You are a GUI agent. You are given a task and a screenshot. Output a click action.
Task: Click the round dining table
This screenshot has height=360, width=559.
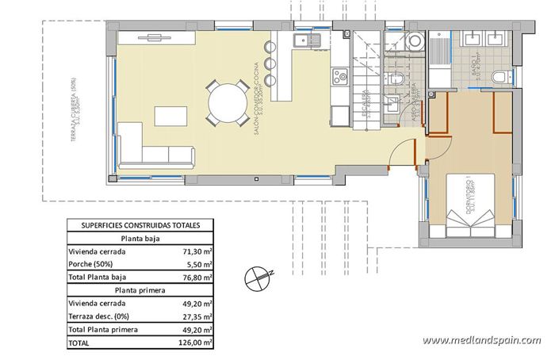point(227,103)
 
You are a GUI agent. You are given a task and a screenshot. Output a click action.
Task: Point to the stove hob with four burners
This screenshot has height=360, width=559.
point(340,77)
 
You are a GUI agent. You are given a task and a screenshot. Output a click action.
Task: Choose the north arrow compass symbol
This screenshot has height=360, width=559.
point(258,275)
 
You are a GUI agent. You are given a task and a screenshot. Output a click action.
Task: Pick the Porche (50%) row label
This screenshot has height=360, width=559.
point(91,264)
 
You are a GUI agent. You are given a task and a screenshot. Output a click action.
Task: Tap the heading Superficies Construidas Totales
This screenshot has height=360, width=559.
point(140,225)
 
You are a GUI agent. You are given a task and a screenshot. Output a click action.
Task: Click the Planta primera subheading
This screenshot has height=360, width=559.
point(140,290)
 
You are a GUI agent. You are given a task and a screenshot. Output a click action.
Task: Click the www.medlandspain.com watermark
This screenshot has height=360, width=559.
point(481,340)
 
